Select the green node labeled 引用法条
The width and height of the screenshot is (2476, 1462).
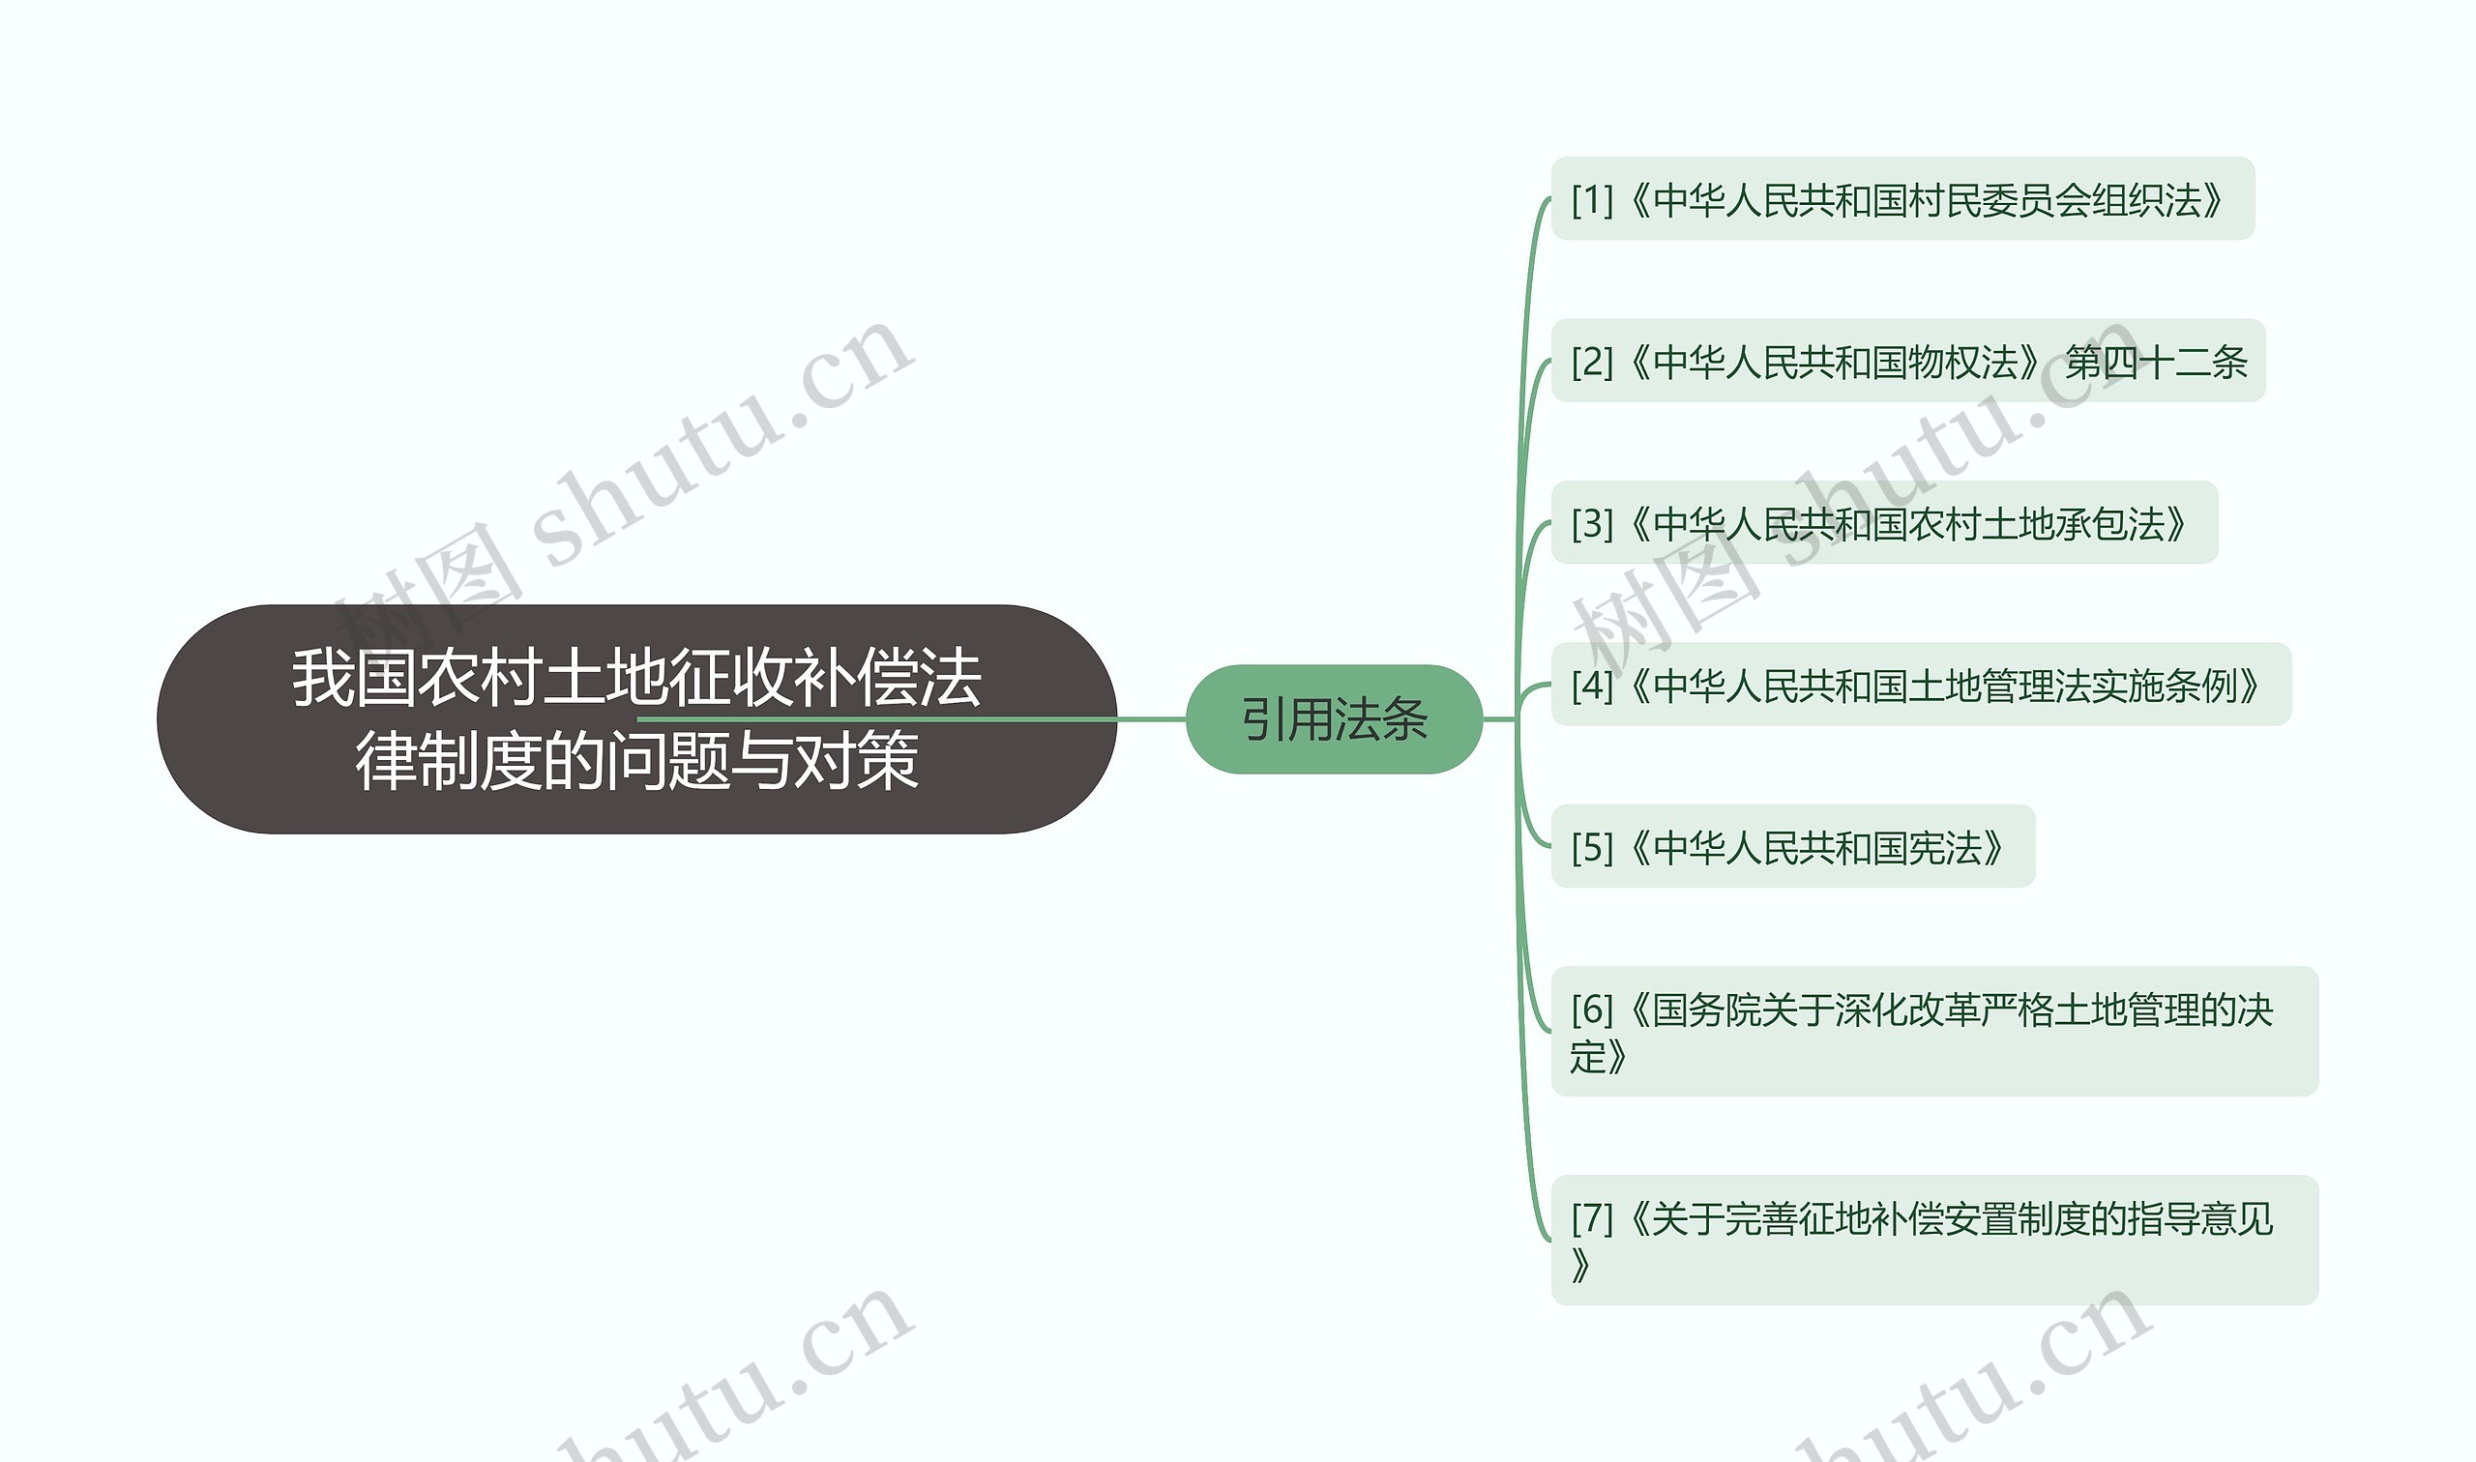pos(1333,719)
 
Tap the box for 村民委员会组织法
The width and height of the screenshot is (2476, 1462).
pos(1901,199)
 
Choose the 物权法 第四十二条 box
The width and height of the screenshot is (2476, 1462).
pos(1907,362)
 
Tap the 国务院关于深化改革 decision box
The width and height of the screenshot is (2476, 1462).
pos(1934,1032)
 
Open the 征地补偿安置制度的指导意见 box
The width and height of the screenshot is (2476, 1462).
pos(1934,1241)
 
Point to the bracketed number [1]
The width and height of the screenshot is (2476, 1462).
pos(1591,200)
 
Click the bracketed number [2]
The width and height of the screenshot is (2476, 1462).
pos(1591,363)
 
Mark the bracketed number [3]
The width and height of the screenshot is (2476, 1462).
pos(1591,524)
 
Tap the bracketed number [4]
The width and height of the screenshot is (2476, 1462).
pos(1591,686)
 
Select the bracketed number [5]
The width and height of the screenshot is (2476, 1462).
pos(1591,847)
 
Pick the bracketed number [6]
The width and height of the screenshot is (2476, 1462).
pos(1591,1009)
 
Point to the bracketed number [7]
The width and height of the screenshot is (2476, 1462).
pos(1591,1218)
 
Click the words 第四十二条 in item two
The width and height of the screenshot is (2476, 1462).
pos(2156,363)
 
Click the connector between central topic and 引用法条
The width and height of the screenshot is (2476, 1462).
pos(1151,719)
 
